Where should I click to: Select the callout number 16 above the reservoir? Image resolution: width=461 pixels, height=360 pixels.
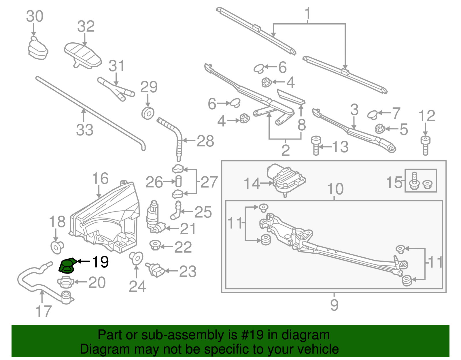click(100, 179)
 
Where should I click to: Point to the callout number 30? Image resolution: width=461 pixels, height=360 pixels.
click(35, 16)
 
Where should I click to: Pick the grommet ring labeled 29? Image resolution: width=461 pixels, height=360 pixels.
click(148, 113)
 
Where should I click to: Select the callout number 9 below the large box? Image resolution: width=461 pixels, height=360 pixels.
click(334, 305)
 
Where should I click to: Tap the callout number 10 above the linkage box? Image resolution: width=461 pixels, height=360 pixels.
click(335, 189)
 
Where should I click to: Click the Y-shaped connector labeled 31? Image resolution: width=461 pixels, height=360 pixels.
click(117, 89)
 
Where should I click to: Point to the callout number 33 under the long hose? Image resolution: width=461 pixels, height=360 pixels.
click(85, 130)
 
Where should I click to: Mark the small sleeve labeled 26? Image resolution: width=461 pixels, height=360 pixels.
click(179, 182)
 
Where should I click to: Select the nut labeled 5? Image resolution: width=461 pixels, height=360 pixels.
click(380, 129)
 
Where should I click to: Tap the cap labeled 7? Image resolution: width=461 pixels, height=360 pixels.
click(372, 114)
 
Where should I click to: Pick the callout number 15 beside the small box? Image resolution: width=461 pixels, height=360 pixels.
click(394, 182)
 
